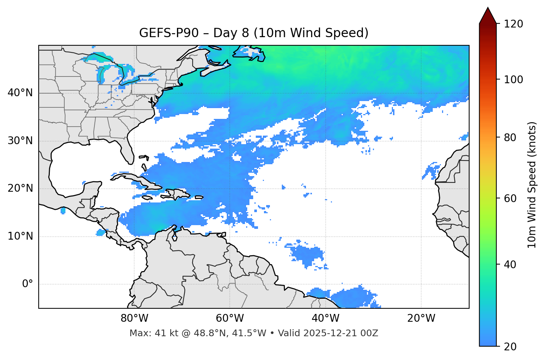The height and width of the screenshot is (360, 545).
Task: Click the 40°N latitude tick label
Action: point(20,93)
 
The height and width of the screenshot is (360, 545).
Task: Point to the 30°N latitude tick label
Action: point(20,141)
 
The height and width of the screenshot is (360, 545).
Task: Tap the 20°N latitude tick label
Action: point(20,188)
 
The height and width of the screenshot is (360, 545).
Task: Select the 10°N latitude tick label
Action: point(20,236)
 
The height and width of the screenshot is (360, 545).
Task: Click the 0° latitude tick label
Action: point(28,284)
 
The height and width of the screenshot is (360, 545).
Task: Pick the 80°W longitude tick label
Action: point(134,318)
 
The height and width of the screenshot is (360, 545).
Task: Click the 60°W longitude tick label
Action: point(230,318)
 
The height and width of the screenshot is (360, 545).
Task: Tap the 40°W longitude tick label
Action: point(325,318)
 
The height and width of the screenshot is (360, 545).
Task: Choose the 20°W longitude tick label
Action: point(421,318)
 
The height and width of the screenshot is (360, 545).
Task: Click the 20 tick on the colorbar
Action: point(510,347)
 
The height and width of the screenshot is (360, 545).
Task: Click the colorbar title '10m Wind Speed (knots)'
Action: point(532,185)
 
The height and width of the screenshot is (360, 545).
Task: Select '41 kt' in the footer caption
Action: point(161,333)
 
